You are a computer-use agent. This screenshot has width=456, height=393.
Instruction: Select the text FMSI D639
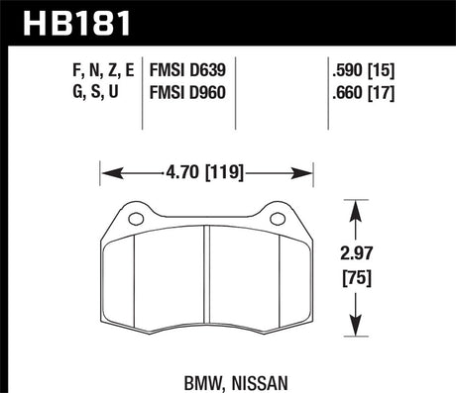pos(189,70)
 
